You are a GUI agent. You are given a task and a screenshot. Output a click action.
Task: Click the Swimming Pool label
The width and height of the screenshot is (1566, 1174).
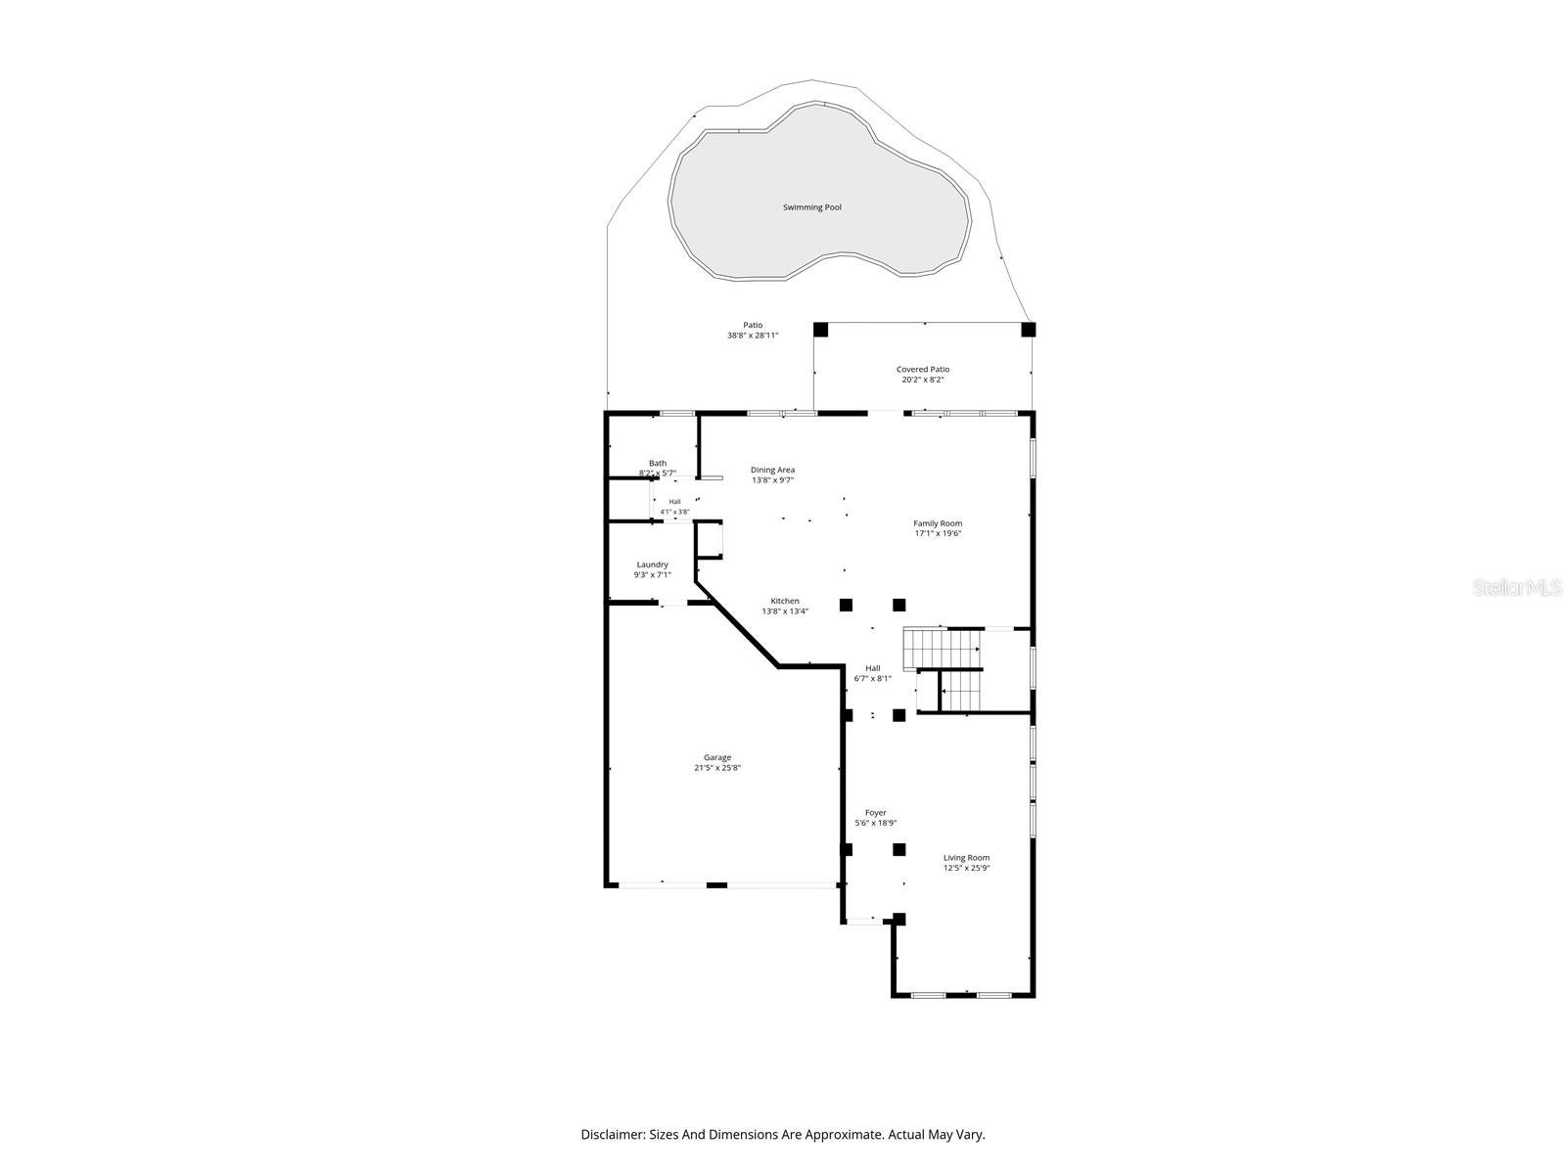coord(812,207)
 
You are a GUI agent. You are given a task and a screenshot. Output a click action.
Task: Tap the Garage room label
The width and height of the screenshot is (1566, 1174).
coord(717,757)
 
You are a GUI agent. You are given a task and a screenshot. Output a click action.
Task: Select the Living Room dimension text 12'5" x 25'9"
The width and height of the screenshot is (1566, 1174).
coord(966,868)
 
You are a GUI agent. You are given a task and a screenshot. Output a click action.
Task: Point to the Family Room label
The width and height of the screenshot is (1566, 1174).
coord(938,523)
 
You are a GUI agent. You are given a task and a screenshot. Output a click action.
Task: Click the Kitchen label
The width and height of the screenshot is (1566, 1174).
coord(785,601)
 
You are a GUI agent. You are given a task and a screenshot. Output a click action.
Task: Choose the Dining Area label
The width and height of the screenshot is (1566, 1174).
coord(772,470)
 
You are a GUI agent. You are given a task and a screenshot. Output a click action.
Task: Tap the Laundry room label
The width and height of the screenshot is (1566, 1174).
coord(652,564)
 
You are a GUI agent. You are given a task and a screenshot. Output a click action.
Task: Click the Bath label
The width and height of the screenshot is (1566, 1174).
coord(657,464)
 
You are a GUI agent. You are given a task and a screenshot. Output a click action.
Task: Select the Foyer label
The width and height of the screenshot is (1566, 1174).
coord(875,813)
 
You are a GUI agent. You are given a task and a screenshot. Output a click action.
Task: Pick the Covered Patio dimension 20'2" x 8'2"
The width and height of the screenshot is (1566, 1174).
coord(923,380)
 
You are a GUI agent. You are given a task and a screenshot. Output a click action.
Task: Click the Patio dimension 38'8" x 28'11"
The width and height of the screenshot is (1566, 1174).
coord(753,335)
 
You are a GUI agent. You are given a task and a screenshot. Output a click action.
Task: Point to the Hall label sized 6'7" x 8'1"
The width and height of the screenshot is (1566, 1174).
coord(872,668)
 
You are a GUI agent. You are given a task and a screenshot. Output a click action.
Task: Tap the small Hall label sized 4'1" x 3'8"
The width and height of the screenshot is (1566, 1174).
coord(674,502)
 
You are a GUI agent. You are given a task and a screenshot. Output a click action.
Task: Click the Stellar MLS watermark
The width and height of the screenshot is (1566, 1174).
coord(1517,587)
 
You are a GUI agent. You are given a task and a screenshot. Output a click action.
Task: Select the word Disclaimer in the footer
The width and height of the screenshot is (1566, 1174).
coord(612,1134)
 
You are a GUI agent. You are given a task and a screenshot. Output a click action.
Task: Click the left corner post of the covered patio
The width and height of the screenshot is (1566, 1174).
coord(820,330)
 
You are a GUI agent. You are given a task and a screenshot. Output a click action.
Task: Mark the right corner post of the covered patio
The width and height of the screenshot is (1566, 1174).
coord(1028,330)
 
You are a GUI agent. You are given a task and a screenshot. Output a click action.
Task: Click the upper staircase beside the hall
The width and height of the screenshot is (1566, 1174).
coord(941,648)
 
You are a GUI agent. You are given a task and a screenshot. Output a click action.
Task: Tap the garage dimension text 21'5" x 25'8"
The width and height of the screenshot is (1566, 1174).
coord(717,768)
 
